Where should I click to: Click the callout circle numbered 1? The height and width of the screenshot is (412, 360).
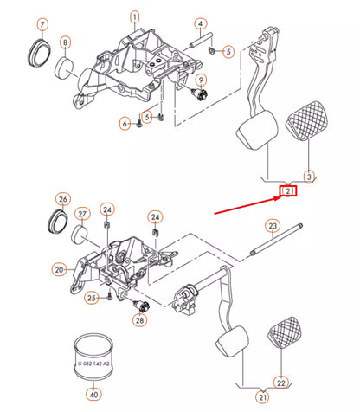click(x=134, y=16)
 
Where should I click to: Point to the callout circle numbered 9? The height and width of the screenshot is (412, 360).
click(x=201, y=80)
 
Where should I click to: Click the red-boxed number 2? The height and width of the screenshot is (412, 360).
click(x=289, y=190)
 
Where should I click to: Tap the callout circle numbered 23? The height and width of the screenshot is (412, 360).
click(x=271, y=227)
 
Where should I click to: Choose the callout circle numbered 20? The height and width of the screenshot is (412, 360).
click(x=60, y=270)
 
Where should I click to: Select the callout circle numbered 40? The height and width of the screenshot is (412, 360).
click(x=94, y=395)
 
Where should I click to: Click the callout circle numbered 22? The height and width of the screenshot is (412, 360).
click(x=281, y=382)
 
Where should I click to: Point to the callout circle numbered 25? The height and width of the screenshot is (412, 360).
click(x=92, y=299)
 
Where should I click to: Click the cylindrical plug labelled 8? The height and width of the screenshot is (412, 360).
click(x=66, y=68)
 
